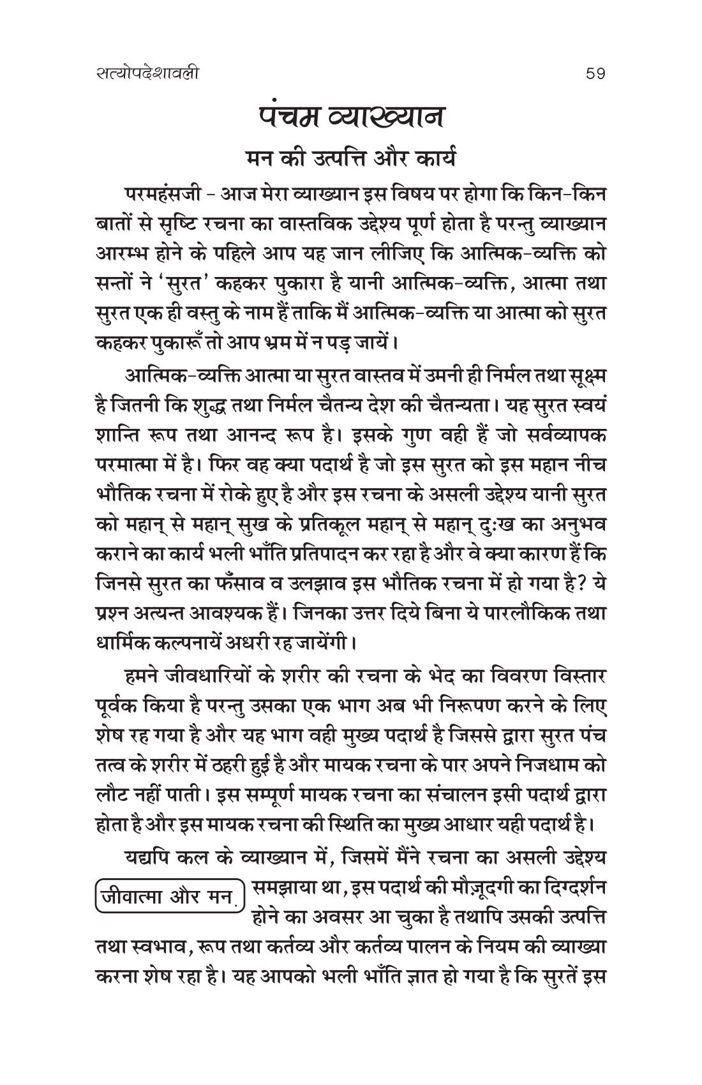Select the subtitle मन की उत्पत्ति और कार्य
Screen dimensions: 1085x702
pos(351,158)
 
